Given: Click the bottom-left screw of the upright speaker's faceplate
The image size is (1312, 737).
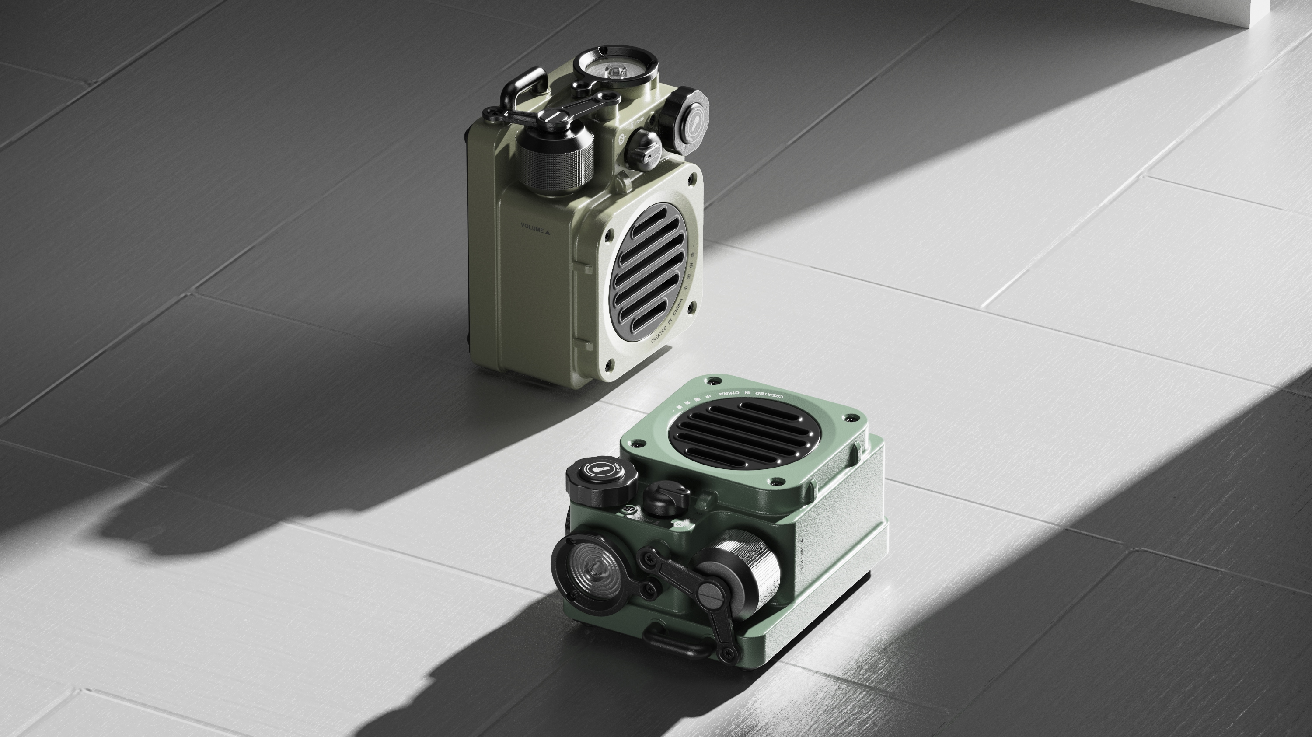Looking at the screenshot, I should (609, 364).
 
